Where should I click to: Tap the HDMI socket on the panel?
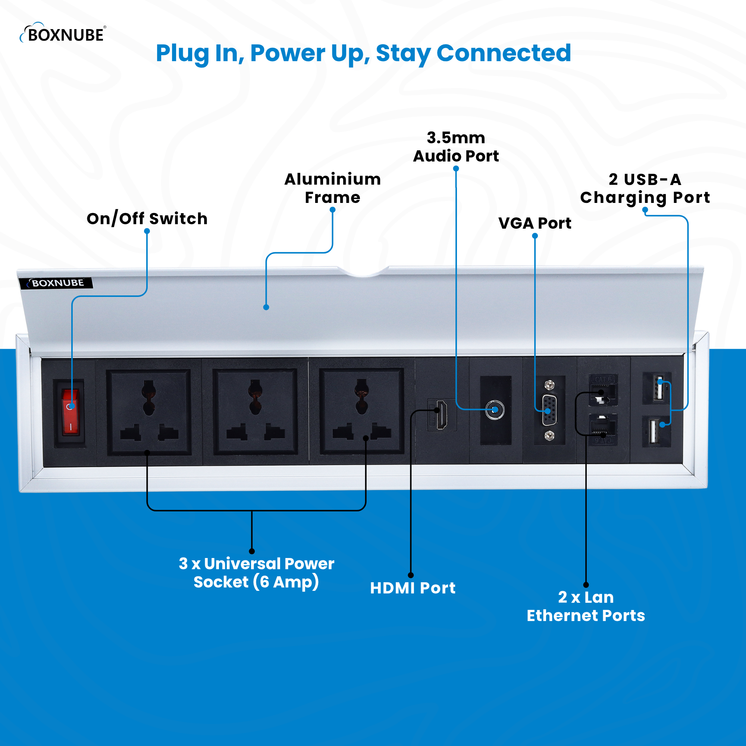441,415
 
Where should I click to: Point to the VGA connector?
549,410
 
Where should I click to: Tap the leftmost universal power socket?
149,412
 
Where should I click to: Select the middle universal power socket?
255,412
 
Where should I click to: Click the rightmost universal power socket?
361,412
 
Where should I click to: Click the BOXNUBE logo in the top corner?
63,34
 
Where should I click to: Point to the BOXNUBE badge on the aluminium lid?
56,283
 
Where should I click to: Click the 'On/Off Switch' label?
147,219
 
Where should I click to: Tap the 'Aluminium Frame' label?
332,188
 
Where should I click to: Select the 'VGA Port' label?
535,223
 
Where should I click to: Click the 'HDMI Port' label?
413,588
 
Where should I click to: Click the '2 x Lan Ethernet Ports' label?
585,606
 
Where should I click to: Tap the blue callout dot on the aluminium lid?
266,307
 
